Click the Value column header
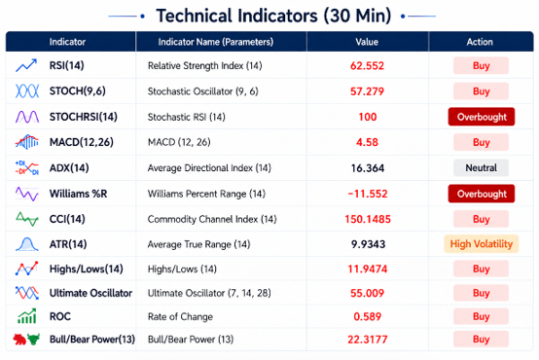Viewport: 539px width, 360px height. (x=367, y=42)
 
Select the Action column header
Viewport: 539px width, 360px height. (x=480, y=42)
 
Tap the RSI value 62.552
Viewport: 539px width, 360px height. (x=367, y=65)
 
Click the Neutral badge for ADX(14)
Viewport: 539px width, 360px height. (x=481, y=167)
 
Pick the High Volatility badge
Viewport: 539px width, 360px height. (x=482, y=244)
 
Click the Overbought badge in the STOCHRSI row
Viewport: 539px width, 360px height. (x=482, y=117)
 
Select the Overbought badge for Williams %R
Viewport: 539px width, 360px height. (x=482, y=194)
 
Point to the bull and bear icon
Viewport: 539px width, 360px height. (x=26, y=340)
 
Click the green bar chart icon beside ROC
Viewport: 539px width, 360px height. (x=27, y=316)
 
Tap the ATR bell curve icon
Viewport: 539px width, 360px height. (x=27, y=244)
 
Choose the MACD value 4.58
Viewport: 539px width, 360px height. (x=367, y=142)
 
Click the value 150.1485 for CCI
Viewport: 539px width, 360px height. (x=368, y=219)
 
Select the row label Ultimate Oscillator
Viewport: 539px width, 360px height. (x=90, y=293)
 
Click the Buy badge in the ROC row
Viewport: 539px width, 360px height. (x=481, y=316)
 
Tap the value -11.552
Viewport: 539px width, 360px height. (x=368, y=194)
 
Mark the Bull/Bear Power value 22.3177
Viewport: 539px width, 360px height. (x=368, y=340)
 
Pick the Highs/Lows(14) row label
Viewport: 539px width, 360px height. (x=87, y=269)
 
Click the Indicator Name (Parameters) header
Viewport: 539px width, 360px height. (x=216, y=42)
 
